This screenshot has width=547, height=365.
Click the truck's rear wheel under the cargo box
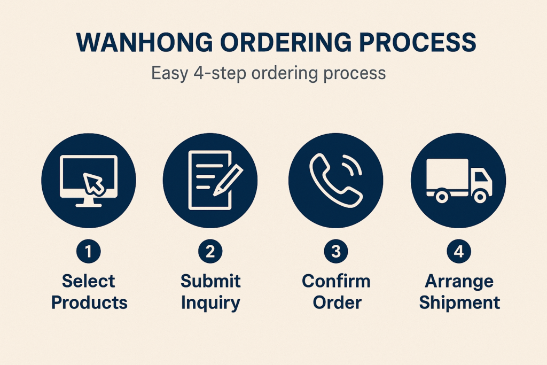click(441, 196)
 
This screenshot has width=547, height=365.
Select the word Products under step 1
click(89, 302)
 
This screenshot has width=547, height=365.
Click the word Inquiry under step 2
click(210, 302)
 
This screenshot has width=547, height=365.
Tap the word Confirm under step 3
click(336, 281)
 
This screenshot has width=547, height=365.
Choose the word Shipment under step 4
click(459, 302)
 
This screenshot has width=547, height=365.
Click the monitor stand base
click(89, 205)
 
